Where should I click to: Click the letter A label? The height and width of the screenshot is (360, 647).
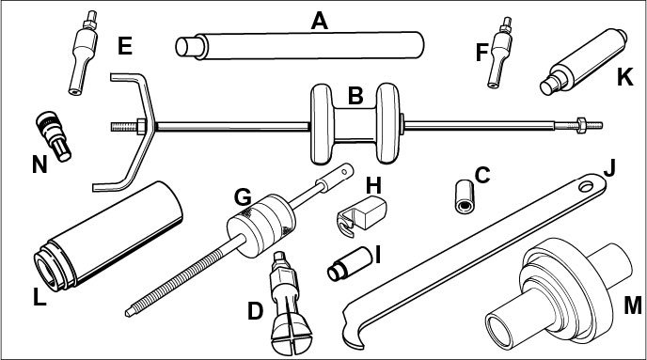pos(320,21)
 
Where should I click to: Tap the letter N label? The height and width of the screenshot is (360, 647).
pos(39,164)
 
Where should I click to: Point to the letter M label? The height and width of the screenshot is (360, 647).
pos(633,306)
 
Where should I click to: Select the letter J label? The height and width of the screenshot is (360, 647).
pos(609,168)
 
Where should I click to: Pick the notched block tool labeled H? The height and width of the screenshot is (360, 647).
pos(362,216)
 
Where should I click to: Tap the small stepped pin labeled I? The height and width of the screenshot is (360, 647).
pos(350,264)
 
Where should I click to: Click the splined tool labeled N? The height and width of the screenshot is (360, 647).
pos(54,137)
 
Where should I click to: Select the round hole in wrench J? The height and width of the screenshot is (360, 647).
pos(587,186)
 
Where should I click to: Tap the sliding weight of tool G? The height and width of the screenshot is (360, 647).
pos(261,226)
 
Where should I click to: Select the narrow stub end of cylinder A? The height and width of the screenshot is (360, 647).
pos(189,47)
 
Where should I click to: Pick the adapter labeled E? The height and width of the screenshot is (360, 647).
pos(84,53)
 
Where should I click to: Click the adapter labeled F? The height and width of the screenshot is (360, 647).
pos(501,53)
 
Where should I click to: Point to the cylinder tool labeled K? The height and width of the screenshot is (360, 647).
pos(583,62)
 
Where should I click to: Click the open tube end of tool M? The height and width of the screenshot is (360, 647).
pos(500,331)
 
